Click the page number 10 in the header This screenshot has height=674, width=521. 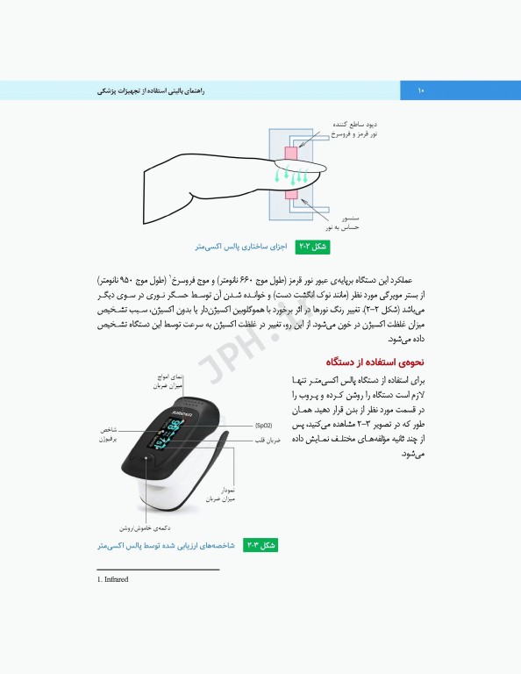420,90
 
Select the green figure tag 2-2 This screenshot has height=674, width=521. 314,247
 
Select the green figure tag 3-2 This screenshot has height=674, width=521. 260,546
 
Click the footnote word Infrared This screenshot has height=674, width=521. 116,579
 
